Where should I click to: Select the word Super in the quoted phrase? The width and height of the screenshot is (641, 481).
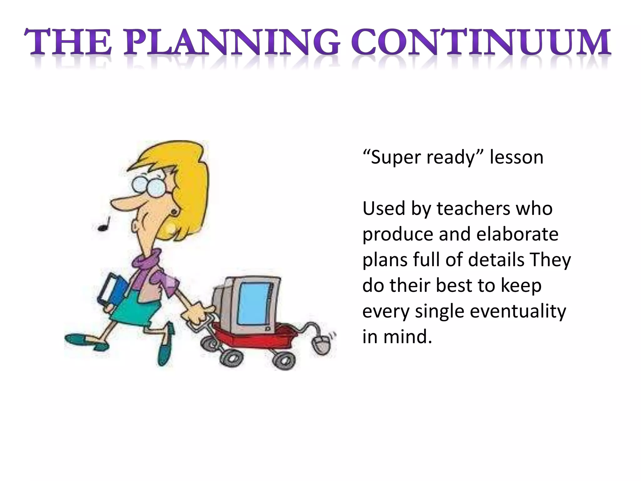[396, 158]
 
